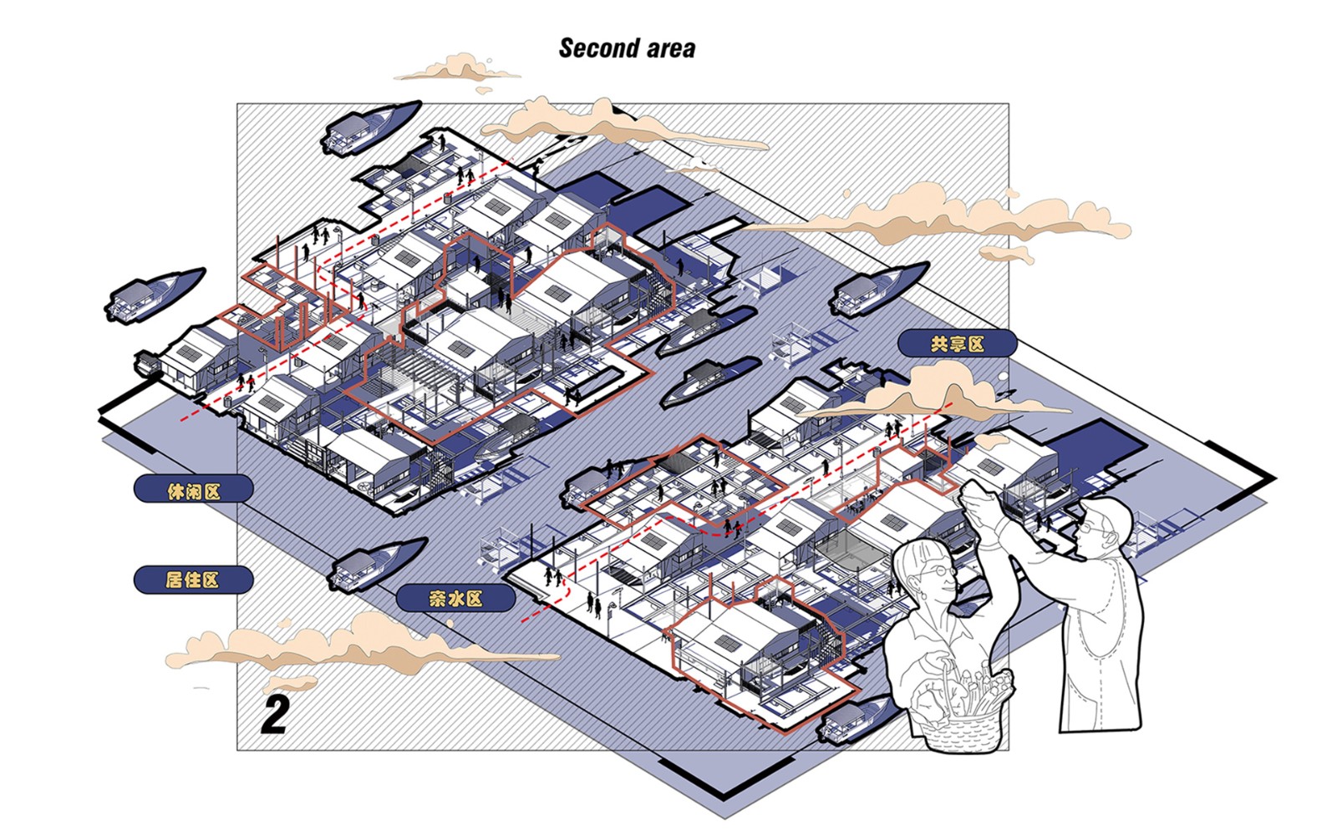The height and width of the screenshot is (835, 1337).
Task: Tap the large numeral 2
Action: (276, 715)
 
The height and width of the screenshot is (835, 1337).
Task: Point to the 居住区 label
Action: (193, 579)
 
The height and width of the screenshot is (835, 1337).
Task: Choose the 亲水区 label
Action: (455, 598)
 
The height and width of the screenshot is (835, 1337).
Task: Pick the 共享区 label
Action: (957, 343)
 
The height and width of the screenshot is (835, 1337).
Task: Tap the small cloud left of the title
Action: (458, 69)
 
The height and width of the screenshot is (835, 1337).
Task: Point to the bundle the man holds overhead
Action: (981, 502)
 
